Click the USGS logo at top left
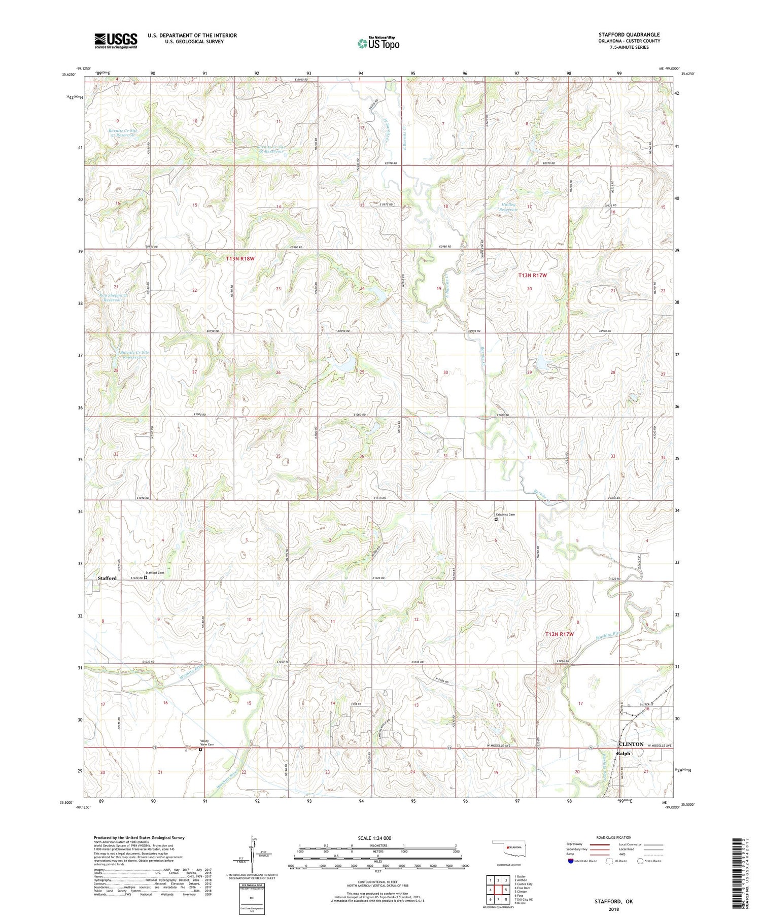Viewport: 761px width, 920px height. point(116,41)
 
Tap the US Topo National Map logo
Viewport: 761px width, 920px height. point(378,43)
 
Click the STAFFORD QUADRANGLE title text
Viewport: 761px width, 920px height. point(629,35)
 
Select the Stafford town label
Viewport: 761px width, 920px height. point(107,578)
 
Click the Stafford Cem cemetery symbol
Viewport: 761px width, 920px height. point(146,577)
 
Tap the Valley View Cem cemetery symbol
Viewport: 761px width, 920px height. point(200,749)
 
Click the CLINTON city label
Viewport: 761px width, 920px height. point(631,744)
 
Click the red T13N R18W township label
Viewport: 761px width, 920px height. point(240,259)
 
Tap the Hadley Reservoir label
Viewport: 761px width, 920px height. point(507,207)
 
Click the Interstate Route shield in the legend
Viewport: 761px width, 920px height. point(570,861)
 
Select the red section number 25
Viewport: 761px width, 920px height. point(362,372)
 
